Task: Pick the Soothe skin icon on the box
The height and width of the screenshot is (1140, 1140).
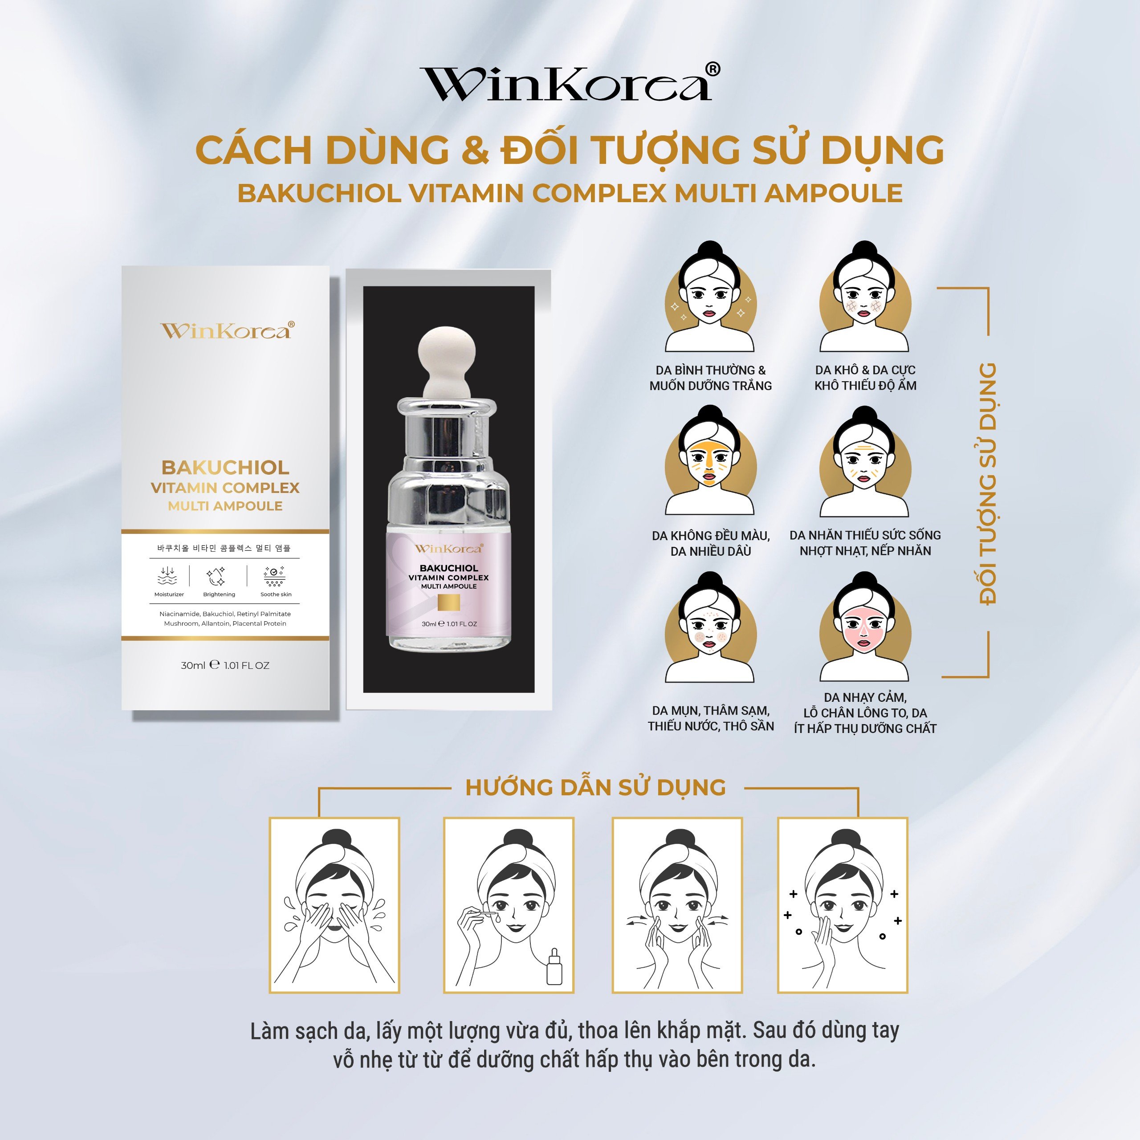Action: [x=275, y=575]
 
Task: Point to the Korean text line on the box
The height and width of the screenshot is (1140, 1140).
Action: [x=224, y=549]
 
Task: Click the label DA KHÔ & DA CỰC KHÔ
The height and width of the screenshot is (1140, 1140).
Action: [x=865, y=378]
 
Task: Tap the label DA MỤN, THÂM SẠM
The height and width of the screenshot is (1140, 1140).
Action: [x=710, y=718]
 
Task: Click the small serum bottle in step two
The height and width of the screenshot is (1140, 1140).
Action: [x=554, y=966]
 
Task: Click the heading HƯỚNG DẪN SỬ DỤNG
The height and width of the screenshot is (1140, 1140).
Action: [x=595, y=788]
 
